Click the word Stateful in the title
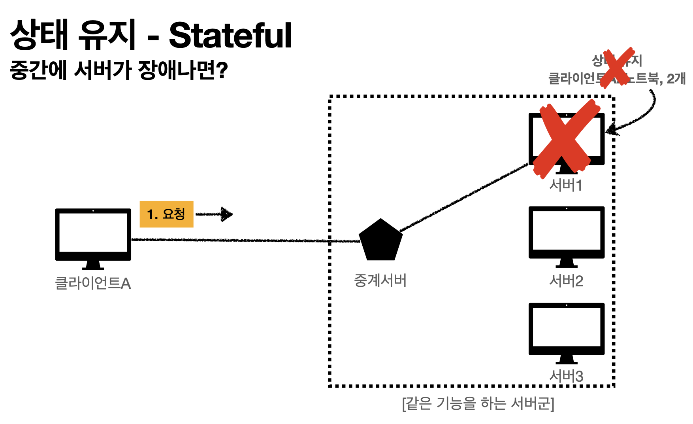point(230,36)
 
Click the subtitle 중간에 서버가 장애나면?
point(119,70)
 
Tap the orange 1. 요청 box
point(166,214)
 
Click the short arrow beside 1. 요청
point(215,214)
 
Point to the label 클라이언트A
point(93,283)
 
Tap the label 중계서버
point(380,280)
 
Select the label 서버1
point(566,185)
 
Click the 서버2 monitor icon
point(566,235)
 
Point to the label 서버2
point(566,281)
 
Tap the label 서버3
point(566,376)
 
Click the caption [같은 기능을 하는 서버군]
point(478,404)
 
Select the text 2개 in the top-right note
point(676,79)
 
